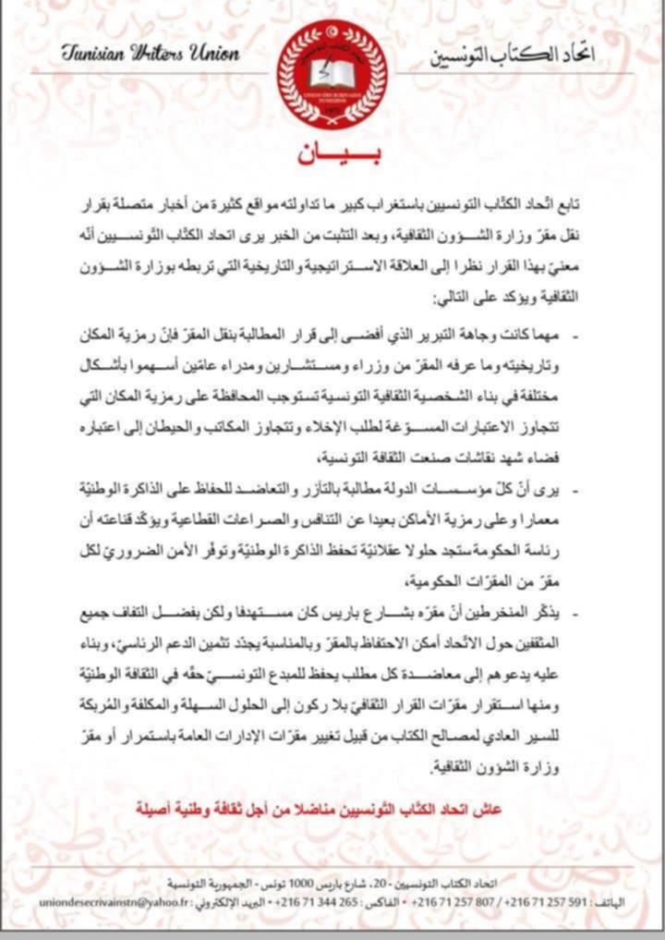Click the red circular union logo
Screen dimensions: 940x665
pos(332,74)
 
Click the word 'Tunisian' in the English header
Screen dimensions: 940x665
pos(94,53)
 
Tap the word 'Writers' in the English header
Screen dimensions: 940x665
pos(164,53)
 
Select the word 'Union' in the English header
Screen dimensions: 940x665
pos(216,53)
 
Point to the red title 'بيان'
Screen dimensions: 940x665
pos(332,154)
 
